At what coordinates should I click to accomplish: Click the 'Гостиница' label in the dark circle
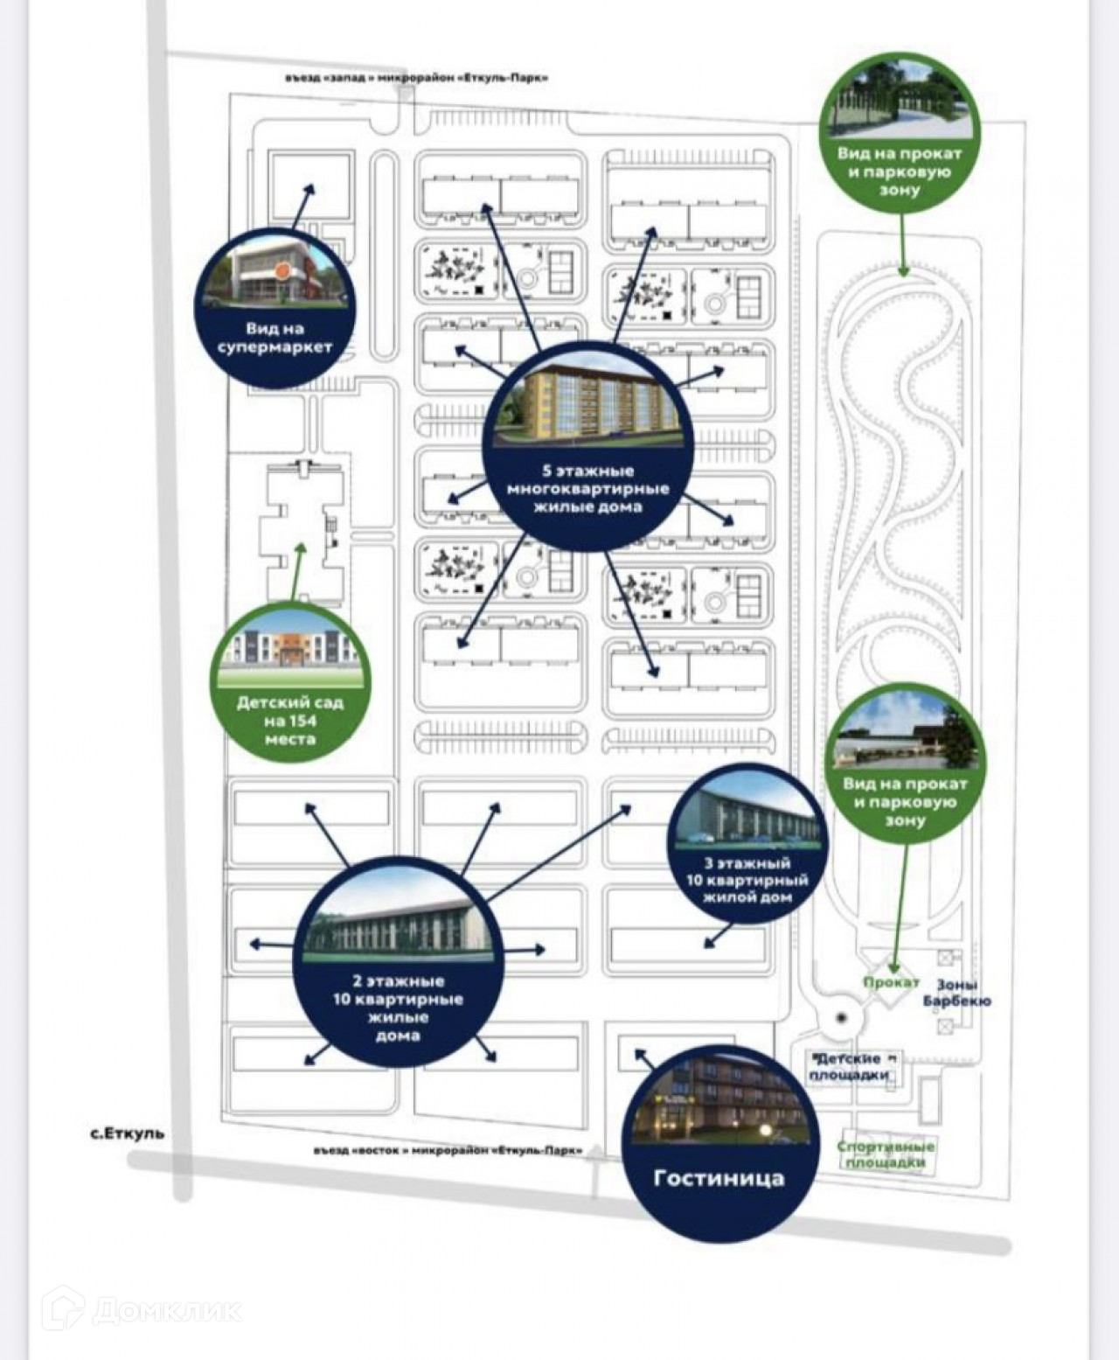point(719,1178)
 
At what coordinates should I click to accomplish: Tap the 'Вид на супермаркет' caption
point(275,338)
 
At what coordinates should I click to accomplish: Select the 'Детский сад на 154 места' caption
point(290,721)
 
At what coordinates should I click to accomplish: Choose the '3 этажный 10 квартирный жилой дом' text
point(747,880)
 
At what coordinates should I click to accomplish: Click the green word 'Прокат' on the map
point(890,982)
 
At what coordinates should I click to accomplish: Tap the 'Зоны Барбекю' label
point(956,992)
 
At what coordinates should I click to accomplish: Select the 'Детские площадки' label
point(851,1067)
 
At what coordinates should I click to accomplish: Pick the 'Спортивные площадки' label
point(886,1154)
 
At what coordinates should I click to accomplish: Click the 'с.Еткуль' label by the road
point(127,1133)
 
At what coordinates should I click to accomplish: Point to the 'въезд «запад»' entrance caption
point(416,78)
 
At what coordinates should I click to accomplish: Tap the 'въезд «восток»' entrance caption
point(448,1151)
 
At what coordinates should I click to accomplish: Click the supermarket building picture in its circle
point(275,275)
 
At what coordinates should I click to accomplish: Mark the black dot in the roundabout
point(840,1018)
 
